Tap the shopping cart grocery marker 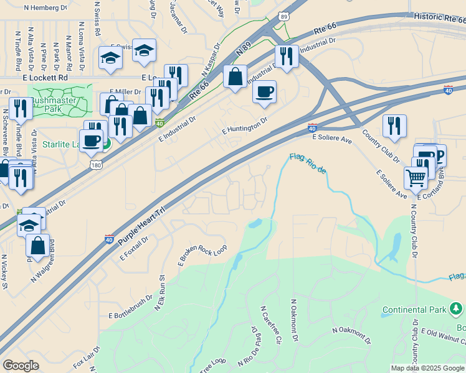pyautogui.click(x=416, y=178)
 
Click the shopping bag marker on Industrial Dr pyautogui.click(x=235, y=77)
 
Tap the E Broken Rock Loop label pyautogui.click(x=202, y=255)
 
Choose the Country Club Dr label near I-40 pyautogui.click(x=381, y=147)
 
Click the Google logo pyautogui.click(x=21, y=366)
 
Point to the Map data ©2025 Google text pyautogui.click(x=427, y=368)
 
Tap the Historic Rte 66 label pyautogui.click(x=439, y=19)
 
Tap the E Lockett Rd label pyautogui.click(x=45, y=78)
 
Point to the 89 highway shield pyautogui.click(x=284, y=17)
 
